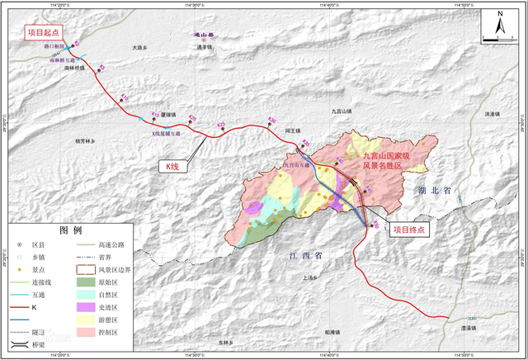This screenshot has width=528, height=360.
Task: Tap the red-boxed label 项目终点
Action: coord(408,230)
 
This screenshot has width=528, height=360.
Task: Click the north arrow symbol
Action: coord(500,26)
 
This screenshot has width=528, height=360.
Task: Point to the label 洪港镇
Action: coord(493,114)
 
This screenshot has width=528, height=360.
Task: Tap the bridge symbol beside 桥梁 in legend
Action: coord(18,343)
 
